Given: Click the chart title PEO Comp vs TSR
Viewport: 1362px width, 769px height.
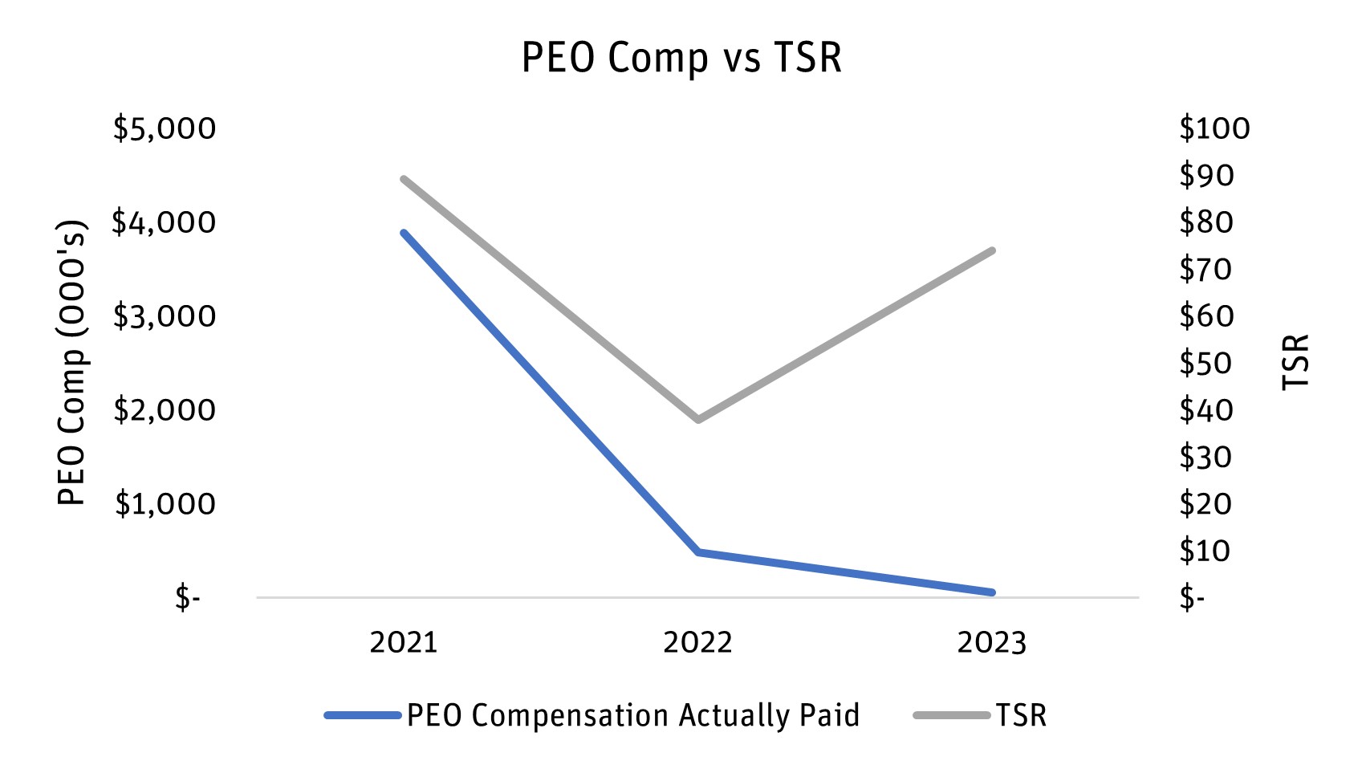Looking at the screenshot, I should (681, 58).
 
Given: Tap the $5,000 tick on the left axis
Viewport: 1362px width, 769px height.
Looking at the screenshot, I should (165, 128).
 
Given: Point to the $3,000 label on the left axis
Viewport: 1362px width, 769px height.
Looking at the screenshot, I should (165, 316).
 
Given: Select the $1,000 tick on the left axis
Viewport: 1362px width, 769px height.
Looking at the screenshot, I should (165, 504).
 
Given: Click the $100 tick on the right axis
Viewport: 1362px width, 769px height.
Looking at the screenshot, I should (1214, 128).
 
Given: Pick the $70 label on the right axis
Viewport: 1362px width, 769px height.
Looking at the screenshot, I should (1205, 269).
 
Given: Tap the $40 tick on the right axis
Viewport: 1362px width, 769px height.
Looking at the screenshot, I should (1205, 410).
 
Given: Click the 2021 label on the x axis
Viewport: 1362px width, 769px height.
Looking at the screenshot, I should (404, 643).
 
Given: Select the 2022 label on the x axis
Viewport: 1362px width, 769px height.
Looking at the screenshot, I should (697, 643).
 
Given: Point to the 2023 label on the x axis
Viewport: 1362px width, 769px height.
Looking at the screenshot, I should (992, 643).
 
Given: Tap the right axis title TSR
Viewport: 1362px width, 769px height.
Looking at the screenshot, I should (1295, 363).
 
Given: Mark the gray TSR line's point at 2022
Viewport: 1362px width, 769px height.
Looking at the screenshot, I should (698, 419).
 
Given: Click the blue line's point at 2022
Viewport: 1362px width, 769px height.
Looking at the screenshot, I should (698, 552).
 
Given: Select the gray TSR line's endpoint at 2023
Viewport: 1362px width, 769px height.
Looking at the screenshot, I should (992, 250).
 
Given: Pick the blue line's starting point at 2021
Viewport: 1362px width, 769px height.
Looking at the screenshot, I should (404, 233).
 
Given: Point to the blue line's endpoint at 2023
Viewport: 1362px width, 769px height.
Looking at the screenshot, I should (992, 592).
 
